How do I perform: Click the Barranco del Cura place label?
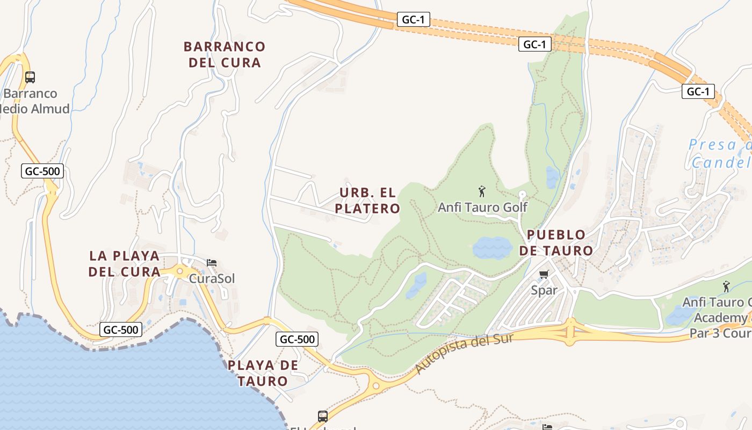coord(225,54)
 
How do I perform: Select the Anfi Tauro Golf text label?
coord(482,207)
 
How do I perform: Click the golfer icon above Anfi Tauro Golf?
coord(482,191)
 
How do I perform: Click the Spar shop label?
coord(544,290)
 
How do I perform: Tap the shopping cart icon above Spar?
coord(544,275)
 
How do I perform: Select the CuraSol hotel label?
coord(212,278)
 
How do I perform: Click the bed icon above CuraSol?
coord(212,263)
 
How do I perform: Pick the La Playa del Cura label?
coord(125,263)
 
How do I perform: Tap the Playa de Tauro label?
coord(263,373)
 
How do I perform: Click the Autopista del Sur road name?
coord(464,353)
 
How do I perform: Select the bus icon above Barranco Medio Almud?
coord(30,77)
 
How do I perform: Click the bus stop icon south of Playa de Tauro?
coord(323,417)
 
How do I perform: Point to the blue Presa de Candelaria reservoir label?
coord(720,153)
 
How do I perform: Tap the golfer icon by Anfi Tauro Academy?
coord(726,286)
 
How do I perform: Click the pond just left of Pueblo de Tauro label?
coord(492,248)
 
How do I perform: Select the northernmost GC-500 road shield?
coord(43,171)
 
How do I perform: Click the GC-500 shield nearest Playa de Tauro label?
coord(297,339)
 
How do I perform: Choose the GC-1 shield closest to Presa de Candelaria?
coord(698,92)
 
